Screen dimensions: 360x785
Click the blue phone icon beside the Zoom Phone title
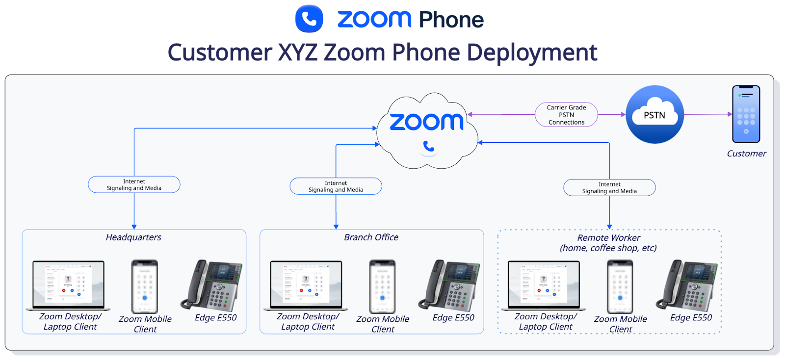[x=309, y=19]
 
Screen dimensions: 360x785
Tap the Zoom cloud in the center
[x=427, y=130]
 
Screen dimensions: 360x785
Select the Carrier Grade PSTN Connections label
[x=566, y=115]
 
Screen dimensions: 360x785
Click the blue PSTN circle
[x=654, y=115]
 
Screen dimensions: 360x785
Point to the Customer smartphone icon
[x=746, y=114]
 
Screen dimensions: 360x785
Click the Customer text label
[x=746, y=154]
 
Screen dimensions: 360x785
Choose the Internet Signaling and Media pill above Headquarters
[x=134, y=184]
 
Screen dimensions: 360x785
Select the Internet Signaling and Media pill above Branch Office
[x=336, y=186]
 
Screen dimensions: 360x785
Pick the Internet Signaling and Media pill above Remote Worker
[x=609, y=188]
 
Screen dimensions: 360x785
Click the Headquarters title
[x=133, y=237]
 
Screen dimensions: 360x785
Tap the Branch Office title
[x=371, y=237]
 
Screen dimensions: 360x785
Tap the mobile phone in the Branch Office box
[x=382, y=286]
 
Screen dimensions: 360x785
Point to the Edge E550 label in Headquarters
[x=215, y=318]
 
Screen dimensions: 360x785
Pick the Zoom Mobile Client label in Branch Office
[x=383, y=324]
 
